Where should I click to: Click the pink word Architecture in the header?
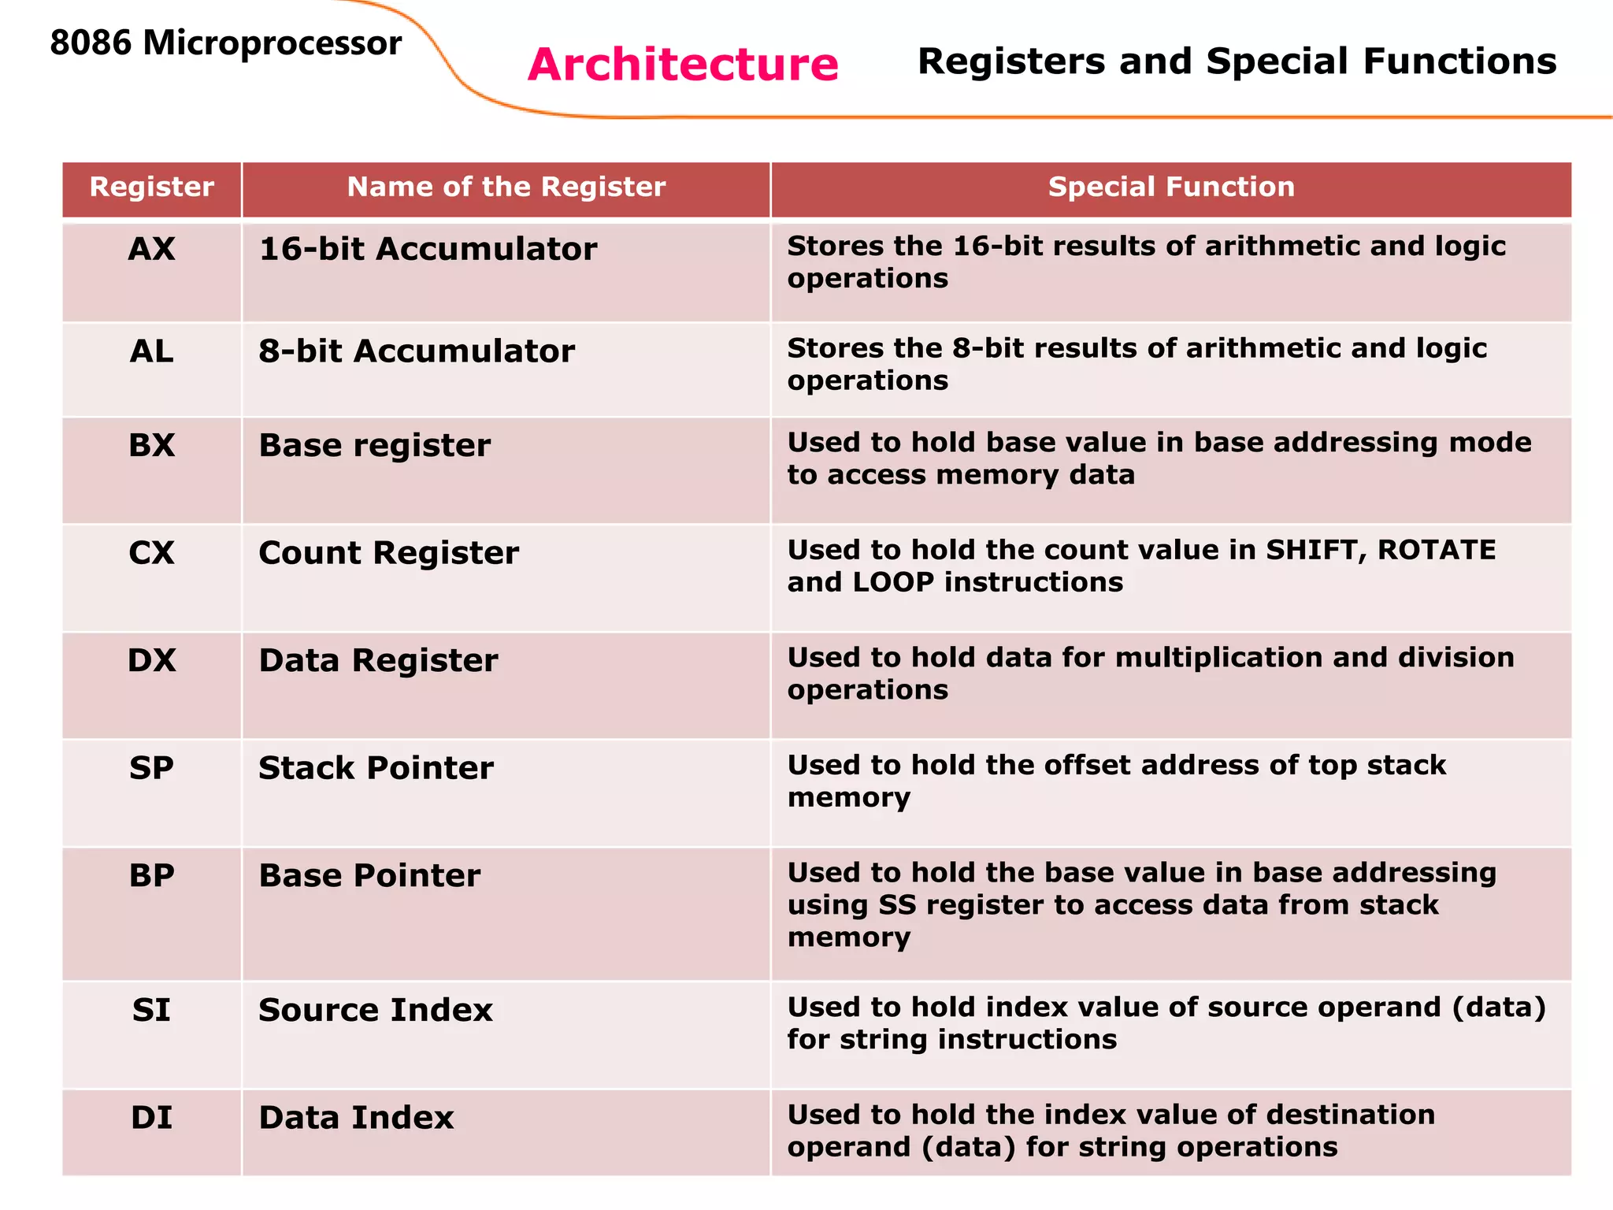pos(683,65)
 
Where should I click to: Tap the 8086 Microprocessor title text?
pos(225,43)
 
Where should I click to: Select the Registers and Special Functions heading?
pos(1237,61)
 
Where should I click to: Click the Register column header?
pos(152,187)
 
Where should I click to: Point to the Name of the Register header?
pos(506,187)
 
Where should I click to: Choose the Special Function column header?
pos(1171,187)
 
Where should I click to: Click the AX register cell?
pos(152,249)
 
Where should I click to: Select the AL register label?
pos(152,351)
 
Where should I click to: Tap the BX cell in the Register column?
pos(152,446)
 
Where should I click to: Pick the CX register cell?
pos(152,553)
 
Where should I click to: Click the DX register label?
pos(152,660)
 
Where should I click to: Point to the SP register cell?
pos(152,768)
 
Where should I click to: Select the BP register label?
pos(152,876)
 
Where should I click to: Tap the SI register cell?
pos(152,1010)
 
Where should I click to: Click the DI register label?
pos(152,1118)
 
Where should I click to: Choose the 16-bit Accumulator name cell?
pos(428,249)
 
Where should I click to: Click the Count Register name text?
pos(388,553)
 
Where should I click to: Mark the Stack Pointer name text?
pos(376,768)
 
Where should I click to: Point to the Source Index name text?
pos(375,1010)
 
